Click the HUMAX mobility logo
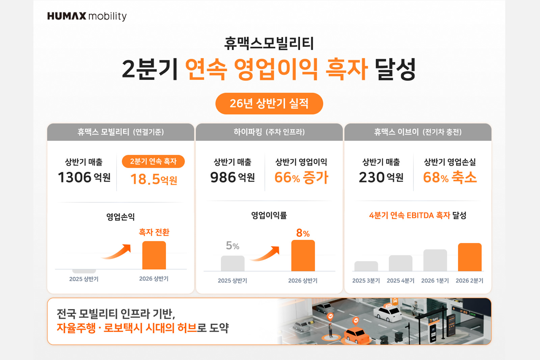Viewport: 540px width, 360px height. (x=87, y=16)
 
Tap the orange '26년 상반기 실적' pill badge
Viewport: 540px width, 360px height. (x=269, y=104)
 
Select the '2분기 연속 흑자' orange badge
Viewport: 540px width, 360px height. (x=153, y=161)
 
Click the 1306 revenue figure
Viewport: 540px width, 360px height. (x=75, y=177)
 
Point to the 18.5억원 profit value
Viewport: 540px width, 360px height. (x=154, y=179)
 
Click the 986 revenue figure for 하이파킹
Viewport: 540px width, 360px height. (x=223, y=177)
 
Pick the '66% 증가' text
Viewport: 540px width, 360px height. (x=301, y=177)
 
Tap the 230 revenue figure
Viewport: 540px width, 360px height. (x=372, y=177)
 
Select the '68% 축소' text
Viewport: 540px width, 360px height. (x=450, y=177)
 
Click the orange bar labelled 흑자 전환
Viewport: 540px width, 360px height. (x=154, y=255)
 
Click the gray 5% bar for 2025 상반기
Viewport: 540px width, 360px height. (x=233, y=263)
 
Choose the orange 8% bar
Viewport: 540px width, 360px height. (x=303, y=256)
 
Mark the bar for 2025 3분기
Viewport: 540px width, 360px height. (x=366, y=266)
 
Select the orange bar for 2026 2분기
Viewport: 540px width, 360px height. (x=470, y=257)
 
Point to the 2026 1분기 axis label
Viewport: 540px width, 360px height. (x=435, y=281)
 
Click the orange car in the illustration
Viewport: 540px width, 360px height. (x=356, y=335)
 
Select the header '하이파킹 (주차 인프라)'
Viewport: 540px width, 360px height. (x=269, y=132)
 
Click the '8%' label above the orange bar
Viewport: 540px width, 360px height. (x=303, y=233)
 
